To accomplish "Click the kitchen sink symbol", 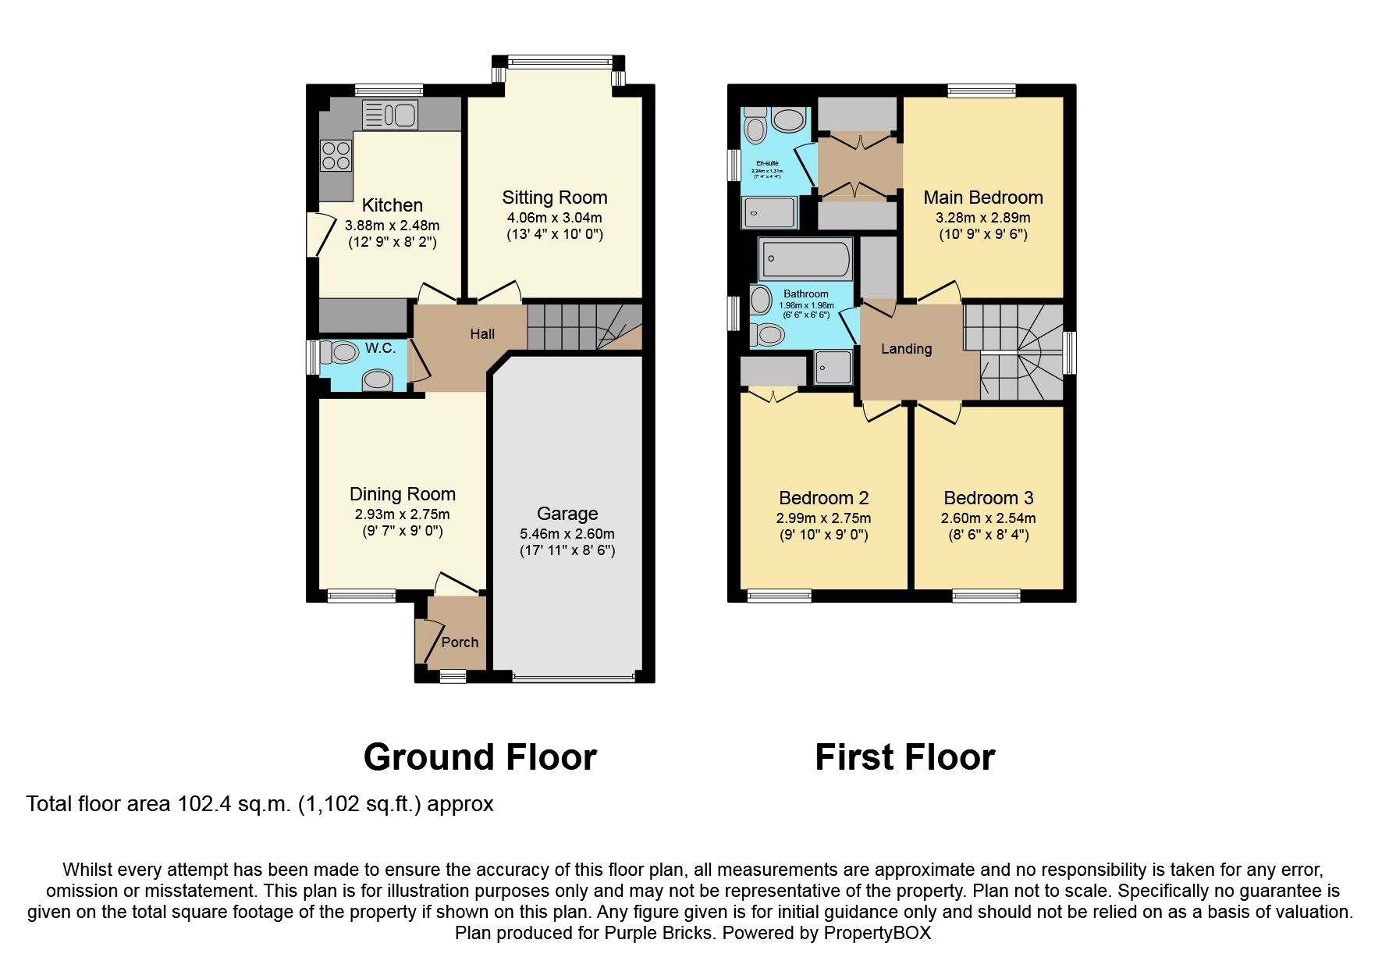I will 390,115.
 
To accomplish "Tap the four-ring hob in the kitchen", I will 336,155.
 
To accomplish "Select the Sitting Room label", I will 554,198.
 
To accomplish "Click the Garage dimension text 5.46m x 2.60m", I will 567,534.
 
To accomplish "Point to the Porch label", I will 460,642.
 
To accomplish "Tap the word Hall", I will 482,334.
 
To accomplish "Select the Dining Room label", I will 402,494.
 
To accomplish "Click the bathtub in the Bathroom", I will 805,259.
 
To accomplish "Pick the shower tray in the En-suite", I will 769,212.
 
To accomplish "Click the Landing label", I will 906,349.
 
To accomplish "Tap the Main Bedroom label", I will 982,198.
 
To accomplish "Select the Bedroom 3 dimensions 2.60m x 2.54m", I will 988,518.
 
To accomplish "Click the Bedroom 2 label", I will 823,498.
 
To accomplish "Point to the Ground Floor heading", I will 480,757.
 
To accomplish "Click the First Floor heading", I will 904,757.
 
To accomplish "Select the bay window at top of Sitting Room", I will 559,61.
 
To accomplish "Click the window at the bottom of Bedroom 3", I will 986,596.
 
